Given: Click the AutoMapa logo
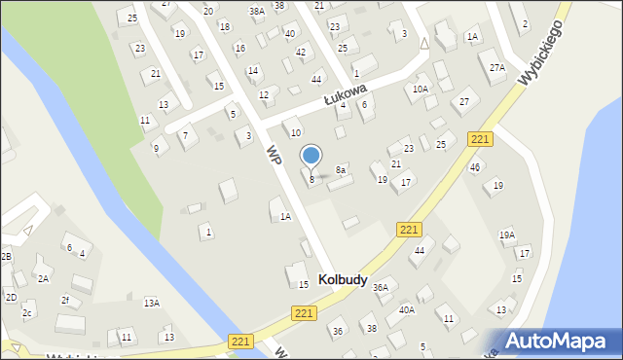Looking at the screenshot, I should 560,340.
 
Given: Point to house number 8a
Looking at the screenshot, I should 341,170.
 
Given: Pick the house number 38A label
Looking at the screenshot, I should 257,12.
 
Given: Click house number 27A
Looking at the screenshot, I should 497,67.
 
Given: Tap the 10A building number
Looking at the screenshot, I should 420,89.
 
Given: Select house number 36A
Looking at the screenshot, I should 381,287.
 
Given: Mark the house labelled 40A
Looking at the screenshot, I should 406,309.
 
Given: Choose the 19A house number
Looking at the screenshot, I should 507,234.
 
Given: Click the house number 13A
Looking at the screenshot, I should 152,303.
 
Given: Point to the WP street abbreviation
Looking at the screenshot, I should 275,154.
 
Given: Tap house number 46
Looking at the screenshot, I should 475,167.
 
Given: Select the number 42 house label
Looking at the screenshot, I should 301,52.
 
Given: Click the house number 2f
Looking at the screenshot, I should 65,300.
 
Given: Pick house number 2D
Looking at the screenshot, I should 11,297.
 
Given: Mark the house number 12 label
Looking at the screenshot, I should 264,94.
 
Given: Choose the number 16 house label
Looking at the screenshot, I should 240,48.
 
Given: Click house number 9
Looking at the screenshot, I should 156,148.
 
